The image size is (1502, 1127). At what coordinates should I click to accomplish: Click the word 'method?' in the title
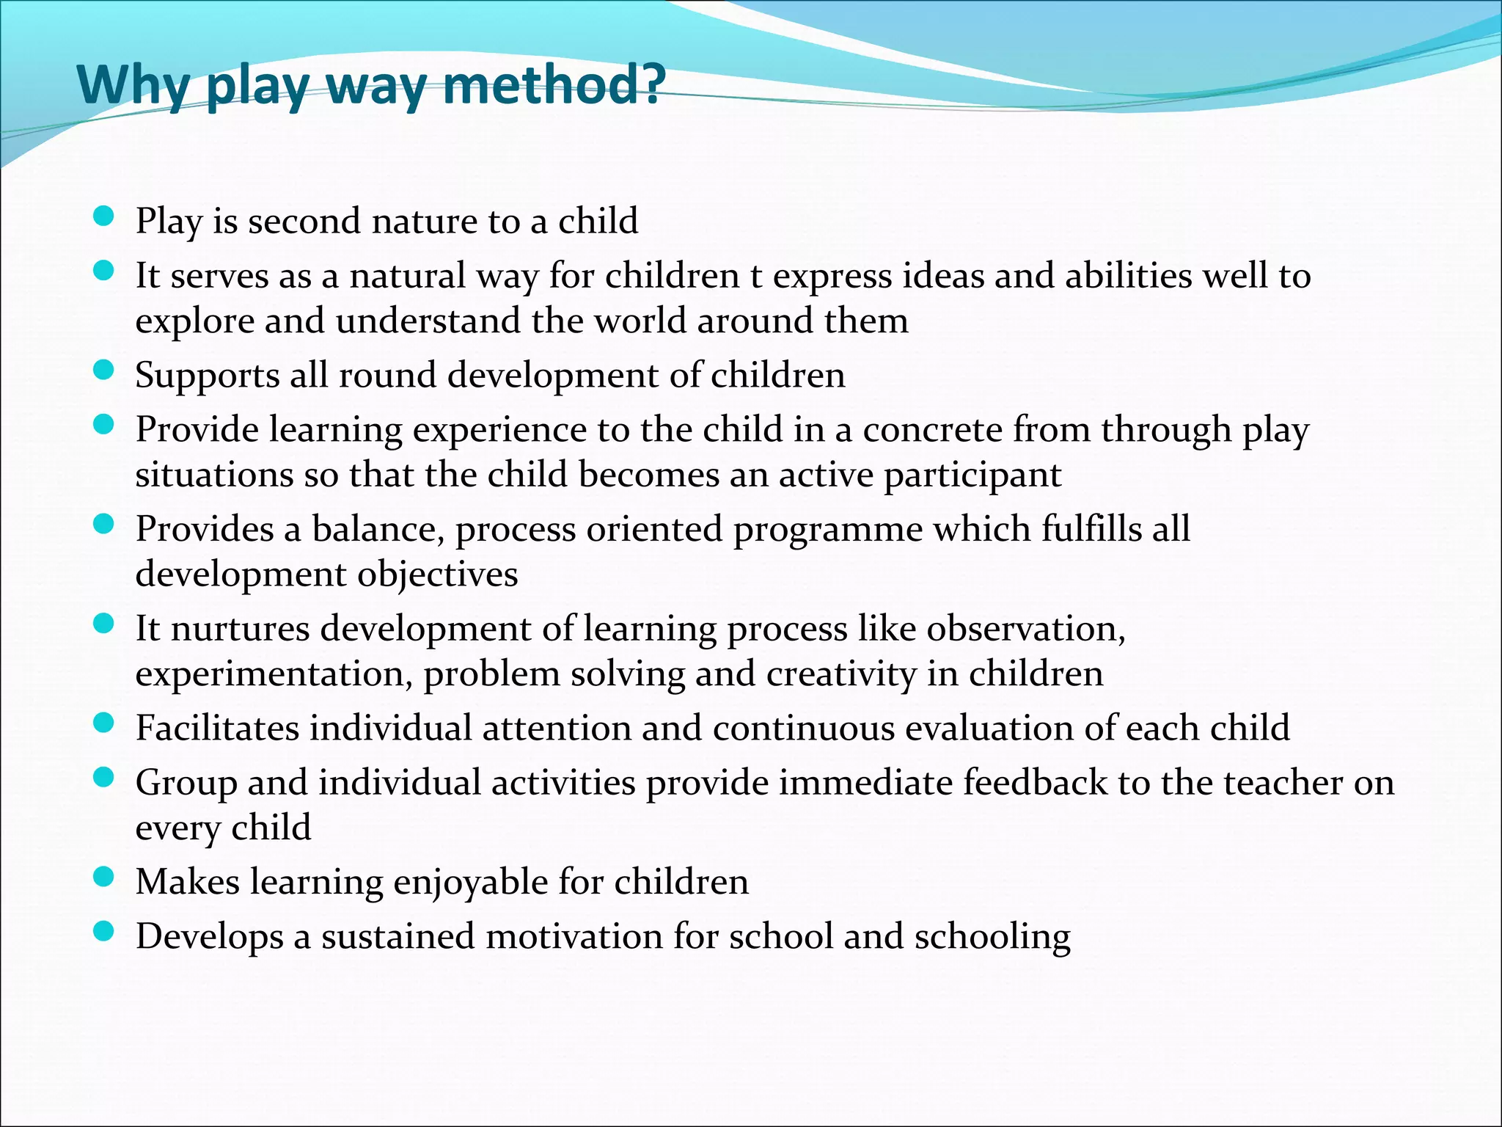[554, 85]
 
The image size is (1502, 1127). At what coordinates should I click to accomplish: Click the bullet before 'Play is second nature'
[104, 217]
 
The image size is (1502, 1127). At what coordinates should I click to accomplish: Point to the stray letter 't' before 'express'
[756, 277]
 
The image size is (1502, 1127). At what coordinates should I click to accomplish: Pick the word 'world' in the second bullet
[640, 321]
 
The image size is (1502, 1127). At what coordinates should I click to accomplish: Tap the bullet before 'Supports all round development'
[104, 371]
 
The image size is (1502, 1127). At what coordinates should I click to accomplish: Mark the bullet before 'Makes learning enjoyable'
[104, 878]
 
